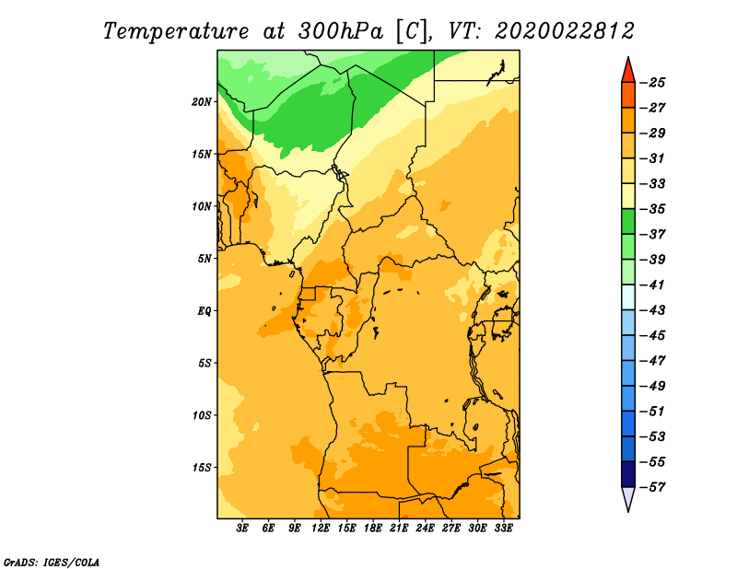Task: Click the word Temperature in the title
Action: [x=176, y=31]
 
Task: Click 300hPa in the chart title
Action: [x=340, y=31]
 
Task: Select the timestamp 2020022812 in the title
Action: [x=565, y=31]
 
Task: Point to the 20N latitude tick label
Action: [x=202, y=102]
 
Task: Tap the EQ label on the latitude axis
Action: [x=205, y=311]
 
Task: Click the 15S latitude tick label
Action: [x=202, y=468]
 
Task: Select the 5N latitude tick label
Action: [x=205, y=259]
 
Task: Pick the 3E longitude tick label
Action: [x=242, y=528]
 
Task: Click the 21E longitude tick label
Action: [x=399, y=528]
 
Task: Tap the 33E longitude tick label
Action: [x=503, y=528]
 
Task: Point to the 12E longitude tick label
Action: [x=321, y=528]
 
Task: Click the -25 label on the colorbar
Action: [x=652, y=83]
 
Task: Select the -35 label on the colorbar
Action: [x=652, y=209]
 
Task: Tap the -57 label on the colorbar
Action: [x=652, y=487]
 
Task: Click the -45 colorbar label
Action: [x=652, y=335]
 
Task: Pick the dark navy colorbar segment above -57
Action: [x=628, y=474]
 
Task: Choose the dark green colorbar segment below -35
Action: [x=628, y=221]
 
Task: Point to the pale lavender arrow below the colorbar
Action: [x=628, y=498]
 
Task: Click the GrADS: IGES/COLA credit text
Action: [x=52, y=563]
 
